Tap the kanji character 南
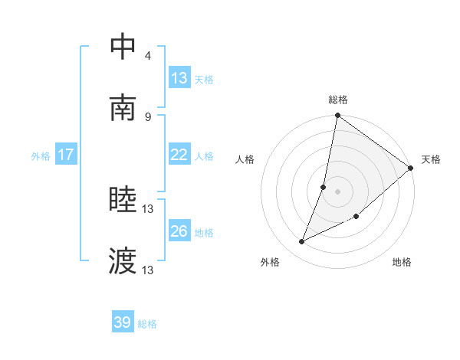(x=123, y=108)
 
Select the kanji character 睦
(x=123, y=201)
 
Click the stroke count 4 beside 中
(x=148, y=55)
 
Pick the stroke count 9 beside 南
(x=148, y=116)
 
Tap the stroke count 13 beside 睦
(x=149, y=208)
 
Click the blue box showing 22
(x=179, y=155)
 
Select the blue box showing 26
(x=179, y=231)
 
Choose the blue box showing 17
(x=66, y=155)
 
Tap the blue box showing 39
(x=123, y=322)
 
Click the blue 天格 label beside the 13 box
(x=204, y=79)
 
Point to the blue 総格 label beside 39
(x=147, y=324)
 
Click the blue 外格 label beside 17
(x=41, y=155)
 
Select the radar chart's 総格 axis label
(x=338, y=100)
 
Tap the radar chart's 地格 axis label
(x=402, y=262)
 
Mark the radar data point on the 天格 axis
(x=411, y=169)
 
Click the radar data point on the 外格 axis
(x=302, y=242)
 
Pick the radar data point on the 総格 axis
(x=337, y=116)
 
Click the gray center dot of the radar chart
(x=337, y=191)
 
